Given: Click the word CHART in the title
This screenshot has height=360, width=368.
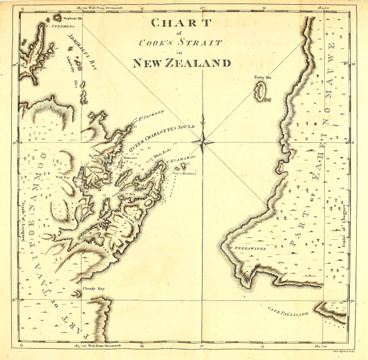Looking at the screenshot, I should tap(181, 23).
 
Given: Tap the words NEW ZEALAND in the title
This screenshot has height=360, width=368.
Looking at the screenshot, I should tap(181, 63).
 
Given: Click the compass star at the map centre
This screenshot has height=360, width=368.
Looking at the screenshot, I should tap(202, 140).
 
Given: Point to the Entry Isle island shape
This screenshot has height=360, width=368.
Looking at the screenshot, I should tap(260, 91).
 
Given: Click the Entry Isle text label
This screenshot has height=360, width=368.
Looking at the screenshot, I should tap(262, 77).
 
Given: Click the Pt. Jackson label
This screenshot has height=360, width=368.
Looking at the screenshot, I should tap(151, 115).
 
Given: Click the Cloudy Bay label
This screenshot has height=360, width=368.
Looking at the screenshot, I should tap(93, 289).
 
